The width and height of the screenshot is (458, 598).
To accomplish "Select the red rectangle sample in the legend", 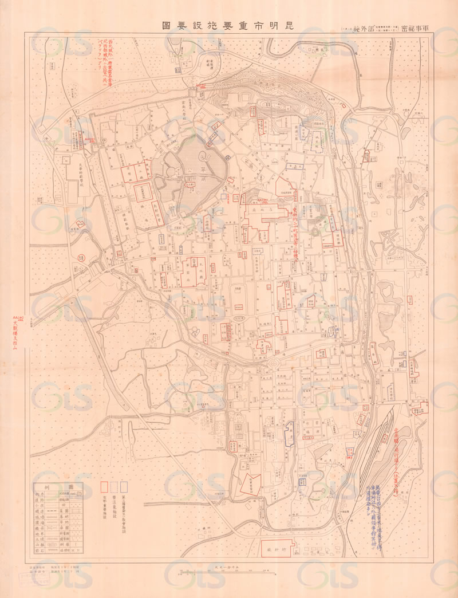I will click(x=105, y=487).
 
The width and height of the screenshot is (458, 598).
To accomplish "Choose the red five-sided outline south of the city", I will click(x=250, y=483).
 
